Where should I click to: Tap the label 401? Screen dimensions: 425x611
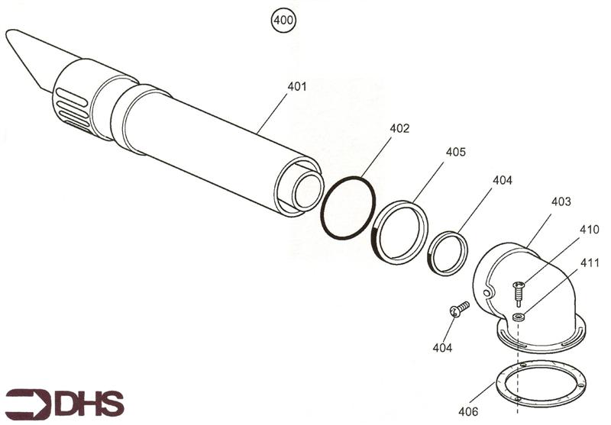click(297, 86)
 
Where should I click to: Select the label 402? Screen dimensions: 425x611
click(399, 129)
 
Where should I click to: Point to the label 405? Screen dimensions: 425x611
click(456, 152)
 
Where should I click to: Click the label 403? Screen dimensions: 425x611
click(561, 201)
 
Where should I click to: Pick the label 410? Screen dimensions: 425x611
click(590, 229)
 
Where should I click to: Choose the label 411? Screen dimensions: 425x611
click(590, 262)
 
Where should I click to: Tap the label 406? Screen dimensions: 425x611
click(468, 411)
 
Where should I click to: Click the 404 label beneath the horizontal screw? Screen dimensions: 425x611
click(442, 348)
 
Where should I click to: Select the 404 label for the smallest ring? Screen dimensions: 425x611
click(502, 181)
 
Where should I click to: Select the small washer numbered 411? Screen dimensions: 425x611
click(519, 316)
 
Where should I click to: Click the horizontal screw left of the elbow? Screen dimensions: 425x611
click(458, 308)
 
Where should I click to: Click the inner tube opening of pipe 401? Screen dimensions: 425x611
click(307, 191)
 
